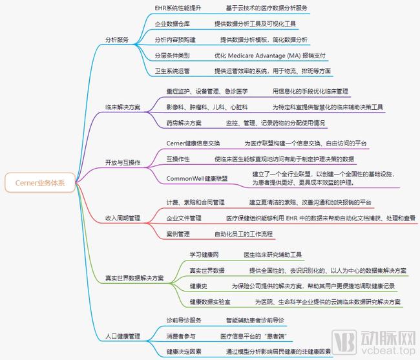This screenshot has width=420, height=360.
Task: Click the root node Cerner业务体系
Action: click(x=40, y=183)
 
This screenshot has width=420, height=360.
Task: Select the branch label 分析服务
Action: click(x=117, y=39)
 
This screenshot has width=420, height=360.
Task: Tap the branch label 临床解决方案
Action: click(x=123, y=107)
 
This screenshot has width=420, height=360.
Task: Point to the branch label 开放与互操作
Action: click(x=123, y=163)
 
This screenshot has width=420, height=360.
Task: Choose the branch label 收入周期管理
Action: click(x=123, y=218)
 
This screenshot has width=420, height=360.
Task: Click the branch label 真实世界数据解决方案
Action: click(x=134, y=278)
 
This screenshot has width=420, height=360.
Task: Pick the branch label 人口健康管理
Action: click(x=123, y=336)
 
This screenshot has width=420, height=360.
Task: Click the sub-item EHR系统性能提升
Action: click(x=178, y=8)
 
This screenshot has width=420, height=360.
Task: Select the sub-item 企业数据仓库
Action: click(x=173, y=24)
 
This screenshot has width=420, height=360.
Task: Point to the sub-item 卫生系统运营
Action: click(x=173, y=71)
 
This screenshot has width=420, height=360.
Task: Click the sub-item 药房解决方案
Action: click(x=184, y=123)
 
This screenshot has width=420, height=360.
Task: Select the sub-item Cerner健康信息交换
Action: click(x=193, y=143)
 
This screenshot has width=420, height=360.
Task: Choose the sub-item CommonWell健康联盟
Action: click(x=197, y=178)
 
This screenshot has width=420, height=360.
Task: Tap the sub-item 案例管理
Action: click(x=178, y=234)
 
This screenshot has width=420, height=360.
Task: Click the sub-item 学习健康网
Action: click(x=204, y=255)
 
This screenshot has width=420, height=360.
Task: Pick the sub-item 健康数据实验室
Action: click(x=210, y=302)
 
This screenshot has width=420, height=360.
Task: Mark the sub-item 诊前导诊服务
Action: click(x=184, y=321)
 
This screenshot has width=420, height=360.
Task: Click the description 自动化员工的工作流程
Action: click(x=244, y=234)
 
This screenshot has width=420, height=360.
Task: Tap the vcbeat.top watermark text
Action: click(x=388, y=350)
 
